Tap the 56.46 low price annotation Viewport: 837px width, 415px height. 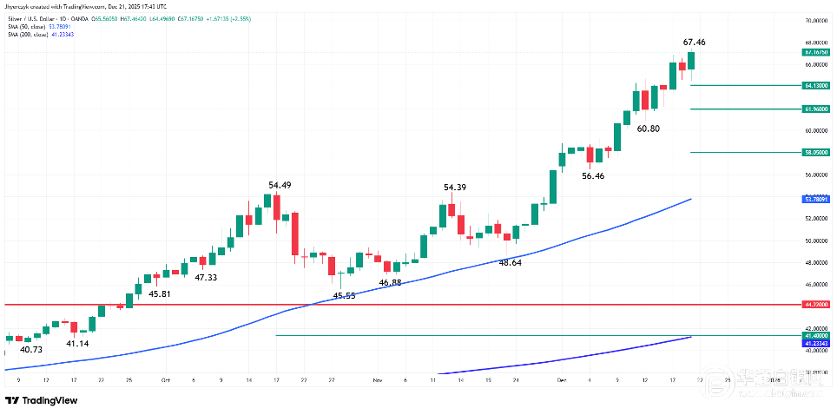click(x=593, y=175)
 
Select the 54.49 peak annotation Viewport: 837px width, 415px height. click(x=280, y=185)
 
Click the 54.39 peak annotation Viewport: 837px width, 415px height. click(x=455, y=188)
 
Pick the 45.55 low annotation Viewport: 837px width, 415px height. click(x=345, y=296)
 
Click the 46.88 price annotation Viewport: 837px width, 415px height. click(x=397, y=283)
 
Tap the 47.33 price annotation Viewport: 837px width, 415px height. click(x=206, y=278)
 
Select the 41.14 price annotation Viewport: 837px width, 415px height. click(x=78, y=343)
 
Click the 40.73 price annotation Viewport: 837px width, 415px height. click(x=31, y=349)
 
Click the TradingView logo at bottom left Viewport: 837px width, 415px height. click(x=41, y=400)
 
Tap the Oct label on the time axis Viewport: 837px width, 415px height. click(x=165, y=379)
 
